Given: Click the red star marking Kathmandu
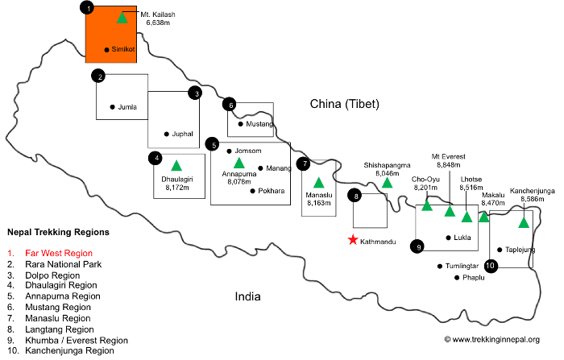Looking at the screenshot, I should pos(352,240).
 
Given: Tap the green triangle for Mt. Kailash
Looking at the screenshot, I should pos(122,18).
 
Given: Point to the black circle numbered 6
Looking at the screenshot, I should pos(230,104).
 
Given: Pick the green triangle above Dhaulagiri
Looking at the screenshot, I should pos(175,166).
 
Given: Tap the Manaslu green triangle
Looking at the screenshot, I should pos(318,182).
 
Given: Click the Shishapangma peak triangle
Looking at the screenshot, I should pos(387,183).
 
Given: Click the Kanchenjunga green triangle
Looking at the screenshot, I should pos(524,222).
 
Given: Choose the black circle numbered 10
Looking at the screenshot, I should pos(491,263).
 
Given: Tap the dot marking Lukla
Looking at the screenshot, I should pos(448,238).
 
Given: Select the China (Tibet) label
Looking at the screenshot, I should pos(345,104).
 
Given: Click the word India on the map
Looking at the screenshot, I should pos(247,296).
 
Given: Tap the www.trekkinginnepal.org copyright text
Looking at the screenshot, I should pos(491,339).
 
